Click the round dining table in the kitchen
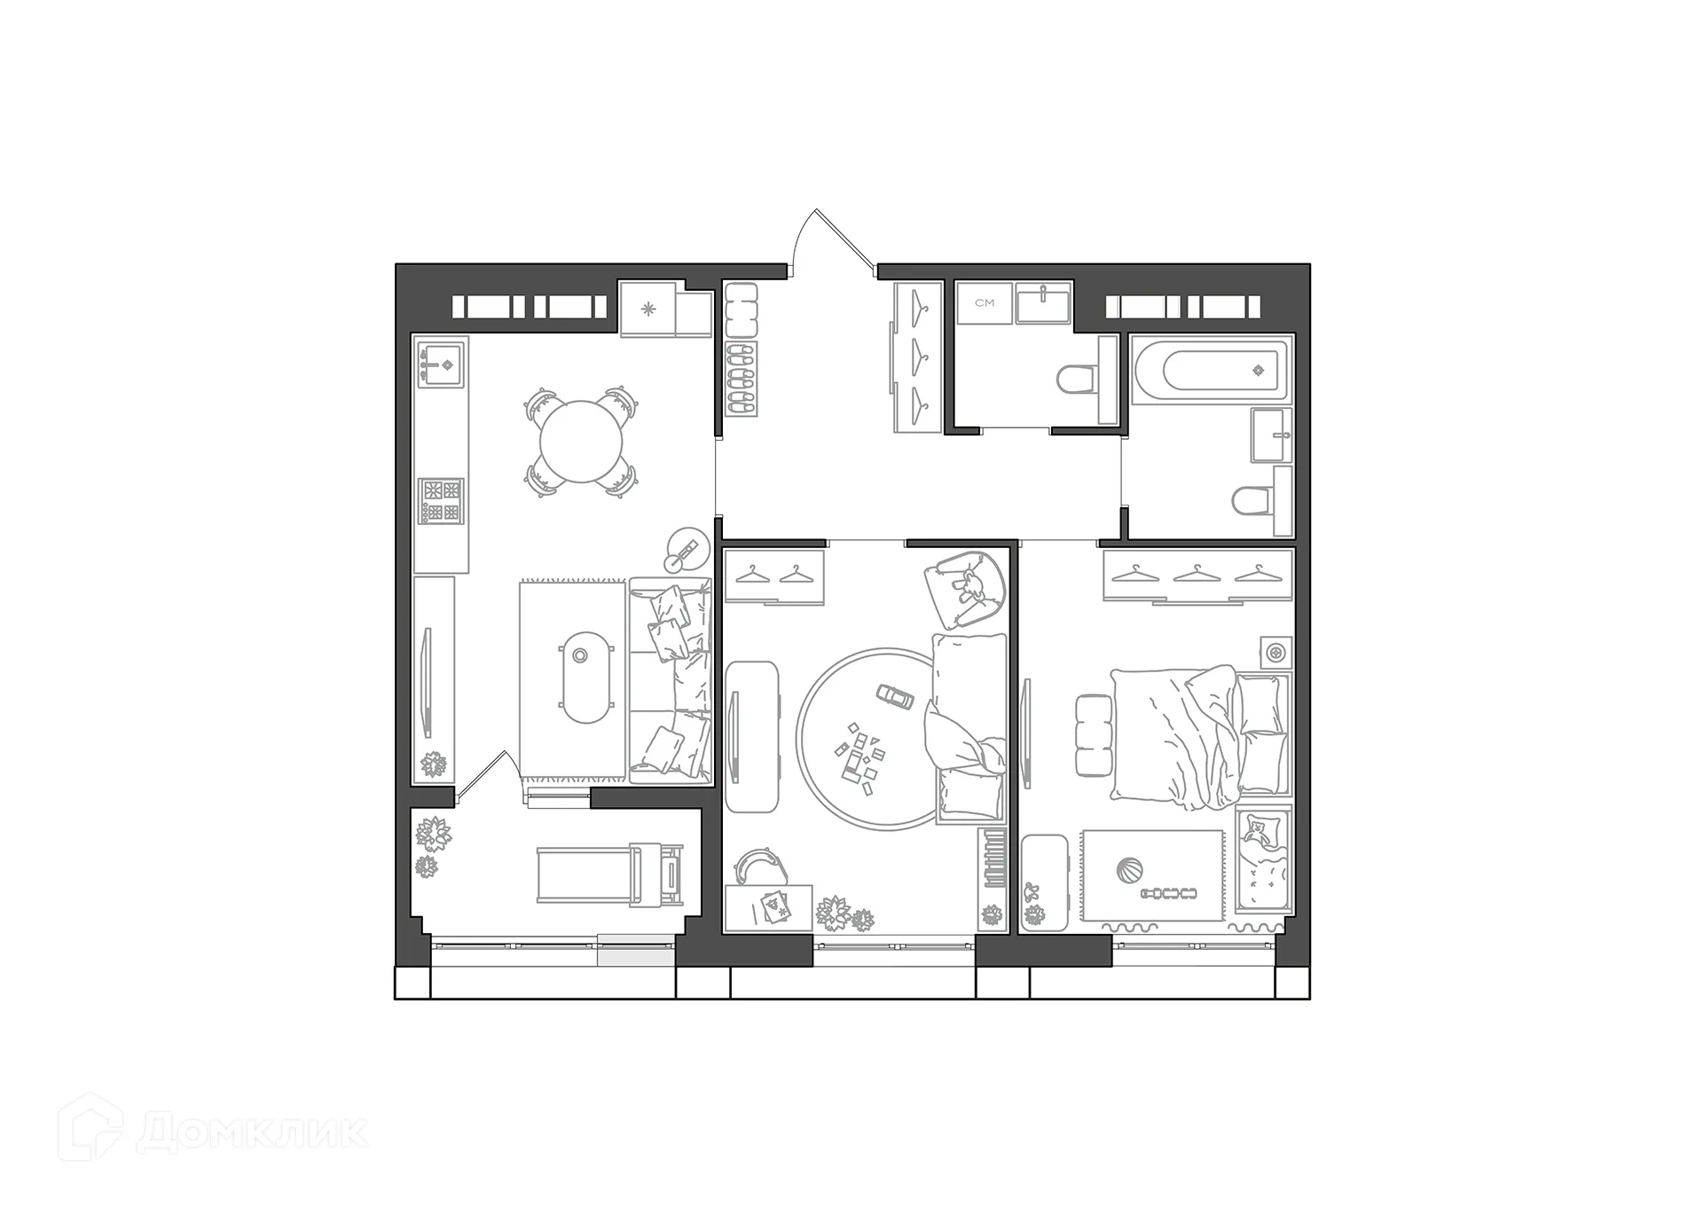[582, 442]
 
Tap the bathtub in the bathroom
[1212, 370]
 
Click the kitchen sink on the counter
[441, 363]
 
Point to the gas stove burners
[442, 500]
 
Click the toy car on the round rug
[895, 696]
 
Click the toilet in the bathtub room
[1251, 502]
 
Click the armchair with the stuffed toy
[964, 586]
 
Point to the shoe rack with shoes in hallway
[742, 379]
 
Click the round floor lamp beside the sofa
[687, 550]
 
